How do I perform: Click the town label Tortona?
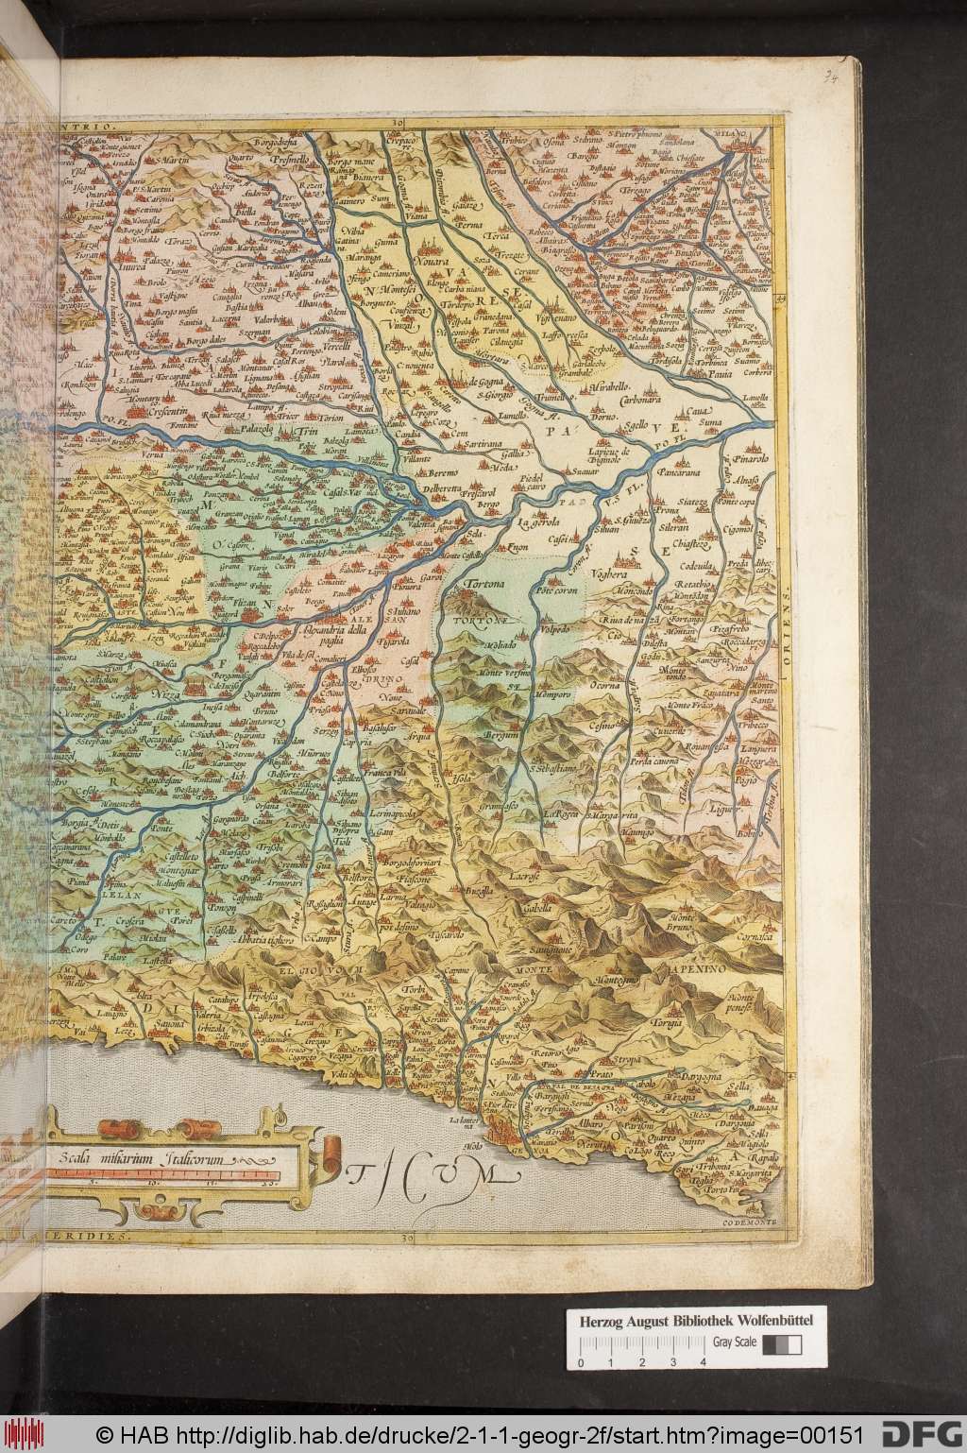click(484, 586)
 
